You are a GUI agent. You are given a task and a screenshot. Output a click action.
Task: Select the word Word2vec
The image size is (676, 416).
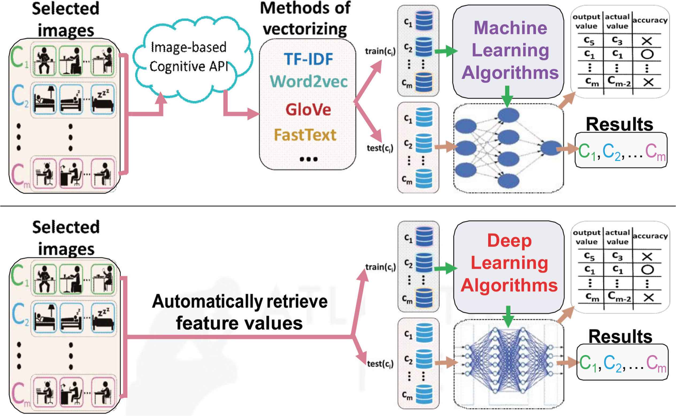pos(309,82)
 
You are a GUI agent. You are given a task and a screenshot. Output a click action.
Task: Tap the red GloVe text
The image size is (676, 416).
pos(308,110)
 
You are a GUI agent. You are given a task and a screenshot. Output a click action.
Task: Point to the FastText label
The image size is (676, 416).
pos(305,135)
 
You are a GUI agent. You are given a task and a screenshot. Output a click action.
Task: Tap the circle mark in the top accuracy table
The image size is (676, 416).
pos(647,54)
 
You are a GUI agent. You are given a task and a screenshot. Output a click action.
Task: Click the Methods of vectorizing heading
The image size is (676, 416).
pos(305,19)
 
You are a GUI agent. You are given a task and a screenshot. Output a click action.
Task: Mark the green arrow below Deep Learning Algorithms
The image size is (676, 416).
pos(508,317)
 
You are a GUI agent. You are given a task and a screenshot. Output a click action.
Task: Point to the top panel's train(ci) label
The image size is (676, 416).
pos(380,51)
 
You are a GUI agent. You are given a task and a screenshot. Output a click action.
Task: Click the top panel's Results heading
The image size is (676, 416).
pos(620,124)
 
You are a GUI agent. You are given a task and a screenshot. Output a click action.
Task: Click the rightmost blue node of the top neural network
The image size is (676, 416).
pos(551,148)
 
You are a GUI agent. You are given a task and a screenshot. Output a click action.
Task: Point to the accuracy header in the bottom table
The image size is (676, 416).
pos(650,236)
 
